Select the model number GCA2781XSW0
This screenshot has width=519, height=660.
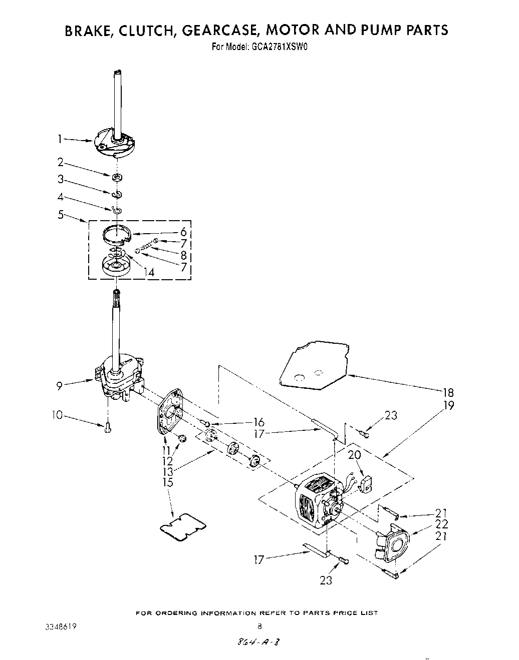click(274, 48)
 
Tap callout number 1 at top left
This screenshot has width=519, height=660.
click(61, 140)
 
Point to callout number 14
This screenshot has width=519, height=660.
click(149, 272)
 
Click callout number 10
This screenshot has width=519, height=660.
click(57, 415)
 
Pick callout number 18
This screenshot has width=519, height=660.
click(448, 393)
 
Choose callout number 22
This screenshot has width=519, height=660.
click(442, 524)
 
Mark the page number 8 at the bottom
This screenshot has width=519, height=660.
click(259, 626)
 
